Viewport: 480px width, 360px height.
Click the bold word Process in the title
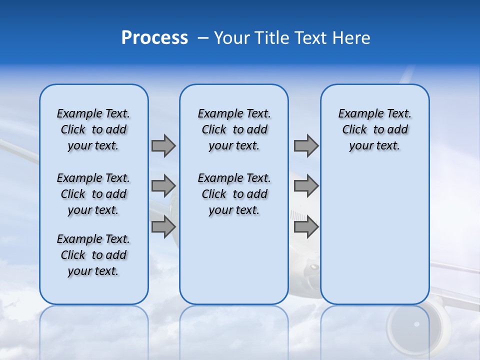154,38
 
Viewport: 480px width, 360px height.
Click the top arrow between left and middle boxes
163,146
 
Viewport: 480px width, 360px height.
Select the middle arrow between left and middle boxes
163,186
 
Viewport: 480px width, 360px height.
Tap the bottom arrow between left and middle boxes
163,226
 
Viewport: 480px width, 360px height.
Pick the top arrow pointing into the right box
306,146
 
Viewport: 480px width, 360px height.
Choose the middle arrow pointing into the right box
306,186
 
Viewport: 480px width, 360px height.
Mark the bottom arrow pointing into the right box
306,227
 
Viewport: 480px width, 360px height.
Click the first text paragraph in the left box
93,129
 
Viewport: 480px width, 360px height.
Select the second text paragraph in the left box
93,194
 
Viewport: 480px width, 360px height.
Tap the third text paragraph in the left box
93,255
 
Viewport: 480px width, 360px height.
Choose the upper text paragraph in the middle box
234,129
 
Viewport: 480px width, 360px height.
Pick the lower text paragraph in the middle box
234,194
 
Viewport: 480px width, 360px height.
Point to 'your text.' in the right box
374,146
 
